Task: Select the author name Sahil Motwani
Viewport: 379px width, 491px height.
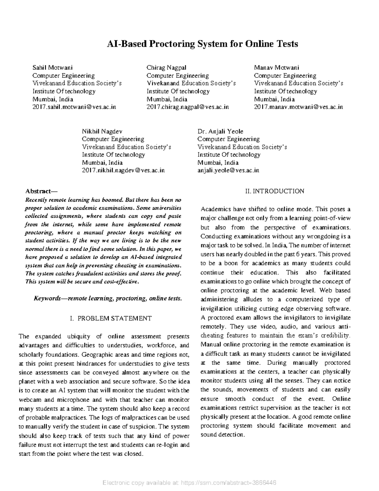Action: click(53, 68)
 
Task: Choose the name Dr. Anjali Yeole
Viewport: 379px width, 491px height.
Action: click(220, 131)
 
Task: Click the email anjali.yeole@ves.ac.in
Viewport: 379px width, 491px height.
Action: click(228, 170)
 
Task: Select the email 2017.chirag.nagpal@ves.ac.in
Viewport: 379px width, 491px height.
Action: click(188, 107)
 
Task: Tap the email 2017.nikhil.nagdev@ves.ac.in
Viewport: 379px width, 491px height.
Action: click(123, 170)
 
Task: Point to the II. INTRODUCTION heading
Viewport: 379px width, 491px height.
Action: click(275, 191)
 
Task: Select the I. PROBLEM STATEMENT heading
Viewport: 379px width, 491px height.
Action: click(111, 318)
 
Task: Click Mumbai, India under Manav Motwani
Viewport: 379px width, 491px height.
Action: click(274, 99)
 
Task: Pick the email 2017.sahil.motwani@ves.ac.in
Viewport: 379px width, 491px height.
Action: click(75, 107)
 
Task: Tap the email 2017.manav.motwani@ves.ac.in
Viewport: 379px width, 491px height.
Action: click(298, 107)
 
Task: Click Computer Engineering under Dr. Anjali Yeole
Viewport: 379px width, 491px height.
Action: click(229, 139)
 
